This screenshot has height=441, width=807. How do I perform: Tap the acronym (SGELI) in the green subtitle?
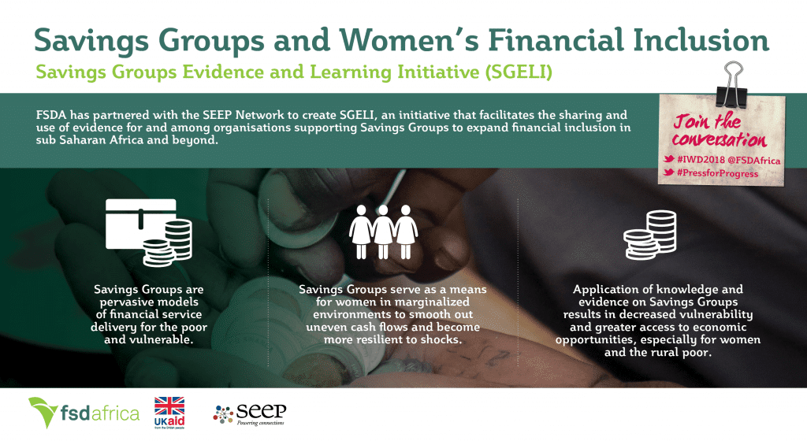(x=519, y=72)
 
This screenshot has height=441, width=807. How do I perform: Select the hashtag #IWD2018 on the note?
(x=701, y=160)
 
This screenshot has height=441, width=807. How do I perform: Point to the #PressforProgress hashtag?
(x=717, y=173)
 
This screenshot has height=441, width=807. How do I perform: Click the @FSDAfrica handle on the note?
(x=754, y=161)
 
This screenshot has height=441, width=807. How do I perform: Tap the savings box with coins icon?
(x=149, y=232)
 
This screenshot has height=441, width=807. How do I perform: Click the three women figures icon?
(x=384, y=232)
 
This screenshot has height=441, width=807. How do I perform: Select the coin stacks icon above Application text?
(x=650, y=235)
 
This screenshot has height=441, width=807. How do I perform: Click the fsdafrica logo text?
(x=100, y=413)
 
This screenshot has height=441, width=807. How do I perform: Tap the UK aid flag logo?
(x=169, y=412)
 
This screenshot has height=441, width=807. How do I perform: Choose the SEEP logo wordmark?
(x=261, y=410)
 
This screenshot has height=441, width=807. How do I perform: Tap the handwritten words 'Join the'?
(x=707, y=122)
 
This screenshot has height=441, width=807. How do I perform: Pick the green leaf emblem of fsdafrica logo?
(x=43, y=410)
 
